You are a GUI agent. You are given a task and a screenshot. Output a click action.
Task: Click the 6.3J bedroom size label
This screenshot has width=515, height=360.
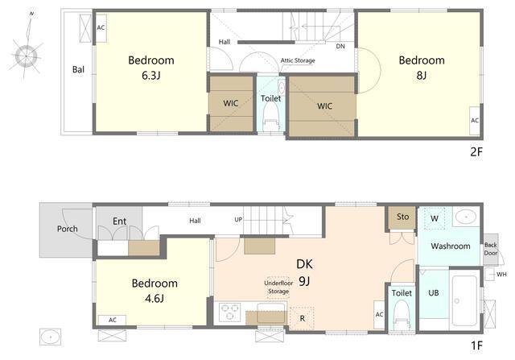[150, 76]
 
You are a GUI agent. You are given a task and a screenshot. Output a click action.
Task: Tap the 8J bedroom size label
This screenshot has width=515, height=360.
[422, 76]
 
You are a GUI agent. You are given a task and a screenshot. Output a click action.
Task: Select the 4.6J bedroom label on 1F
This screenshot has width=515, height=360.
[154, 299]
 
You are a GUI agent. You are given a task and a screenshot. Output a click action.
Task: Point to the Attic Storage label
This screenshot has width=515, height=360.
[298, 60]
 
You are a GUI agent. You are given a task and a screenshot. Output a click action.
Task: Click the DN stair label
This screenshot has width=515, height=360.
[340, 47]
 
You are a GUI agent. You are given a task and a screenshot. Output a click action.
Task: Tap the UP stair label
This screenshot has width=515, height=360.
[238, 219]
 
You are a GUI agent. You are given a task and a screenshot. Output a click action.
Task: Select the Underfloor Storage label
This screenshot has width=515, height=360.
[278, 287]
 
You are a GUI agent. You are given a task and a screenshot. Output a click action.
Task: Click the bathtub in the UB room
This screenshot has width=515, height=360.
[464, 300]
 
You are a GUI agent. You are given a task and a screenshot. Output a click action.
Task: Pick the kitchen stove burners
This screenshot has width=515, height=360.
[229, 312]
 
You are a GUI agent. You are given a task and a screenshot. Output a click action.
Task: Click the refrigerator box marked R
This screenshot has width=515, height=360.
[303, 318]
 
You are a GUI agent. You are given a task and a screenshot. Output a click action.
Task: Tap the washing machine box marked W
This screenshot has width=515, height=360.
[435, 218]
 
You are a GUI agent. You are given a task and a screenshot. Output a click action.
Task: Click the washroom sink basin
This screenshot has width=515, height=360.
[466, 217]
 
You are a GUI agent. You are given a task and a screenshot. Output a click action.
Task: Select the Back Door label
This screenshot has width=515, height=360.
[491, 249]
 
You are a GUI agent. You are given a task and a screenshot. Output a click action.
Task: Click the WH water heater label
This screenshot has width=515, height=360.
[501, 274]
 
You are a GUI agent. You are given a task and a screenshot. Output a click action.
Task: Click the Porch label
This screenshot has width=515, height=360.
[68, 229]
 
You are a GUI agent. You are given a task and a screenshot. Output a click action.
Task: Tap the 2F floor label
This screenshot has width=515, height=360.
[476, 152]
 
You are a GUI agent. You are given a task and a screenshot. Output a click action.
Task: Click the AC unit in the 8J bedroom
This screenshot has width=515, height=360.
[475, 120]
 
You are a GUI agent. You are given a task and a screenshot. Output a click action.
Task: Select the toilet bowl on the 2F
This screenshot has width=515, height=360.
[271, 115]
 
